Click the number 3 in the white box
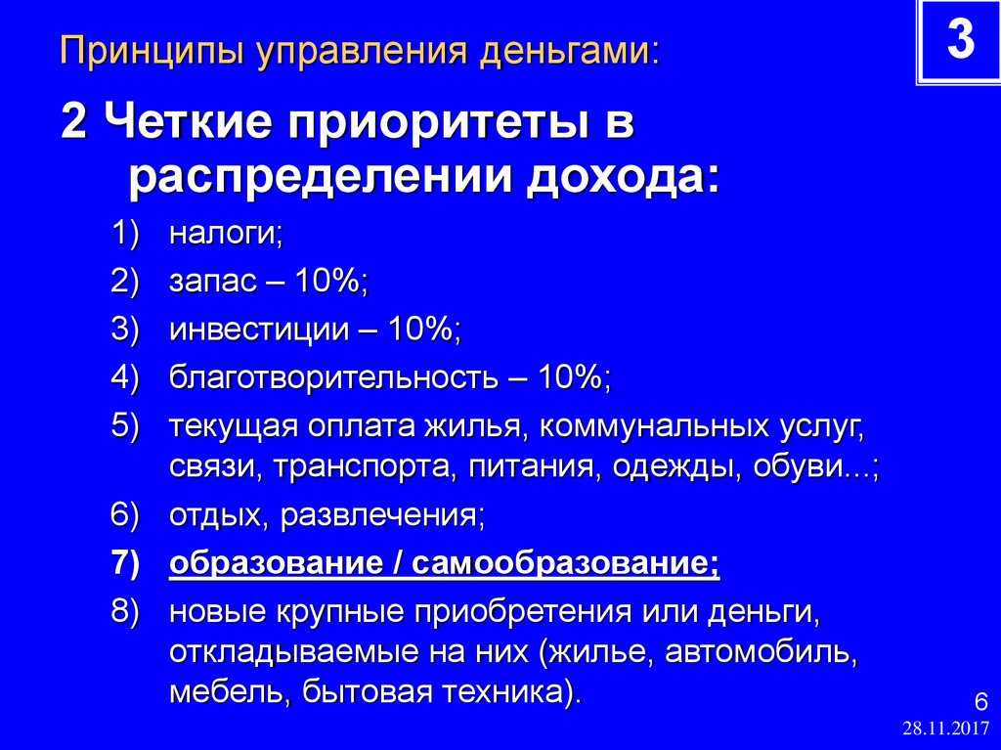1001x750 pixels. pos(959,41)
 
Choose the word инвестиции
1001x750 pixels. pos(258,330)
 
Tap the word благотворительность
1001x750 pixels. pos(333,376)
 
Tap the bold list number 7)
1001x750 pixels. pos(126,564)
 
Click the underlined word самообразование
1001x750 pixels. pos(566,564)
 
